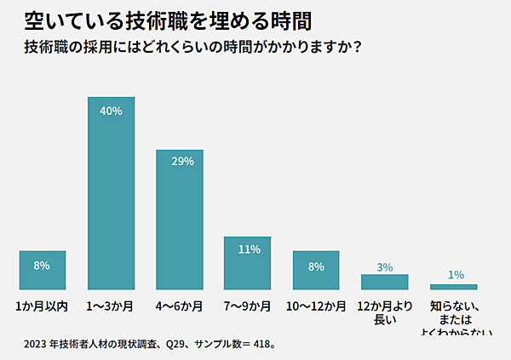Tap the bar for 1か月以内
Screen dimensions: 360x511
(x=43, y=270)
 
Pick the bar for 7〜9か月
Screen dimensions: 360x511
(x=248, y=263)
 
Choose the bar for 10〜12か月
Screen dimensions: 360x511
(x=316, y=270)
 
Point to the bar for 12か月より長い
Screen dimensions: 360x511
(x=384, y=282)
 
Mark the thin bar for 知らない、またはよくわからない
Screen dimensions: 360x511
(x=454, y=287)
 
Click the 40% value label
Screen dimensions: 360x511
(x=112, y=111)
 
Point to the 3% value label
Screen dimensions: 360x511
(x=385, y=267)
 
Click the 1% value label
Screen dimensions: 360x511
(x=456, y=275)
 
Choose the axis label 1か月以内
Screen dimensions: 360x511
(x=42, y=305)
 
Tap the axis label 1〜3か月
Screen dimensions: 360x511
(x=112, y=305)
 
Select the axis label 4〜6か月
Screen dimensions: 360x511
(x=180, y=305)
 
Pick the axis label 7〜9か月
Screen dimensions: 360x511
(x=248, y=305)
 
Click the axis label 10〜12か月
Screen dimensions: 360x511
(x=316, y=305)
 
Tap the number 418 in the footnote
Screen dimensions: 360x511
(x=261, y=346)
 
